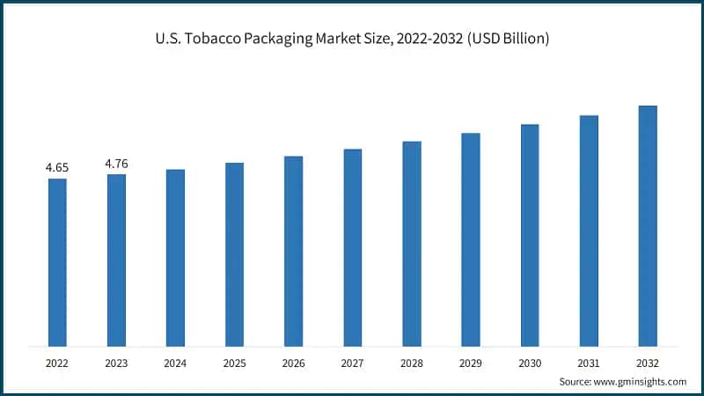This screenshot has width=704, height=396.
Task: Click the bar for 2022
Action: [57, 261]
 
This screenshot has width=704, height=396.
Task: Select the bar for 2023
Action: [116, 260]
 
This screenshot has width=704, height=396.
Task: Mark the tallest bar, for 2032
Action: [648, 225]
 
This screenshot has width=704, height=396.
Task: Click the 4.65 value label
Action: [57, 167]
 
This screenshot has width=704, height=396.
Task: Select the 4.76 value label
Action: [116, 163]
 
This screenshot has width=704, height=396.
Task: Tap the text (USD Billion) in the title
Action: [506, 40]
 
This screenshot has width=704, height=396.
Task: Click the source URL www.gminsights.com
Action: [640, 381]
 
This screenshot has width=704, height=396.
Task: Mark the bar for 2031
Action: [589, 230]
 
